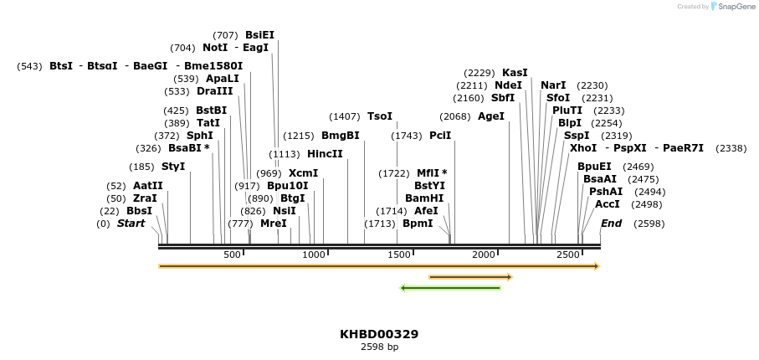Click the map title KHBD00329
coord(379,334)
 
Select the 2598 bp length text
coord(379,347)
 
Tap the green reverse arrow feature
coord(450,288)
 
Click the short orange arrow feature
coord(469,276)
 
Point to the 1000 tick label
coord(314,255)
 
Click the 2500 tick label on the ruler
coord(568,255)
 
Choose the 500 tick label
coord(232,255)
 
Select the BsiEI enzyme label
coord(259,35)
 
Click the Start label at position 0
coord(131,224)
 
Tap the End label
coord(612,224)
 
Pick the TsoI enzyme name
coord(379,116)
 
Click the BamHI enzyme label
coord(424,198)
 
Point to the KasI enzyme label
coord(515,73)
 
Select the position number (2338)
coord(731,148)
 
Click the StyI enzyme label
coord(173,167)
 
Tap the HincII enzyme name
coord(325,154)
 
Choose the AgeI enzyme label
coord(491,116)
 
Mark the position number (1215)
coord(299,136)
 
